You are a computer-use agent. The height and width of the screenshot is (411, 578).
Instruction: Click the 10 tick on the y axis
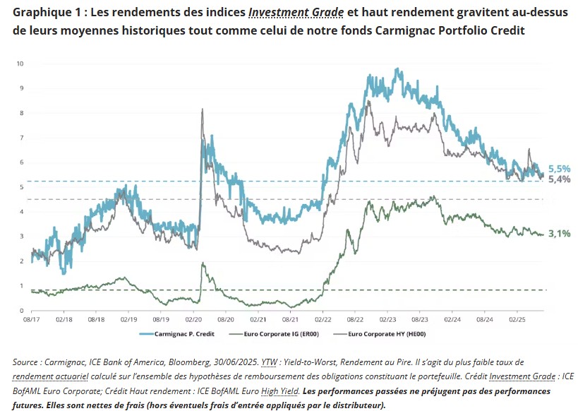[x=20, y=64]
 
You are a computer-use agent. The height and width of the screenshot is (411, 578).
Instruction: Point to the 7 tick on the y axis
[x=22, y=138]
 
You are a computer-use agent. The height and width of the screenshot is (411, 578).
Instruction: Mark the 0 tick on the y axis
[x=22, y=311]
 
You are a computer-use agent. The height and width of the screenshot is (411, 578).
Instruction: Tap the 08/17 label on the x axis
[x=31, y=319]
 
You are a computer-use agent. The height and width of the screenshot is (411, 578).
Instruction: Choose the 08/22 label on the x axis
[x=355, y=319]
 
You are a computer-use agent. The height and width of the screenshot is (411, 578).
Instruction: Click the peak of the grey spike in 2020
[x=203, y=109]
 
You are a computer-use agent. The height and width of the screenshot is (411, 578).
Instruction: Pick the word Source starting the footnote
[x=28, y=362]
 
